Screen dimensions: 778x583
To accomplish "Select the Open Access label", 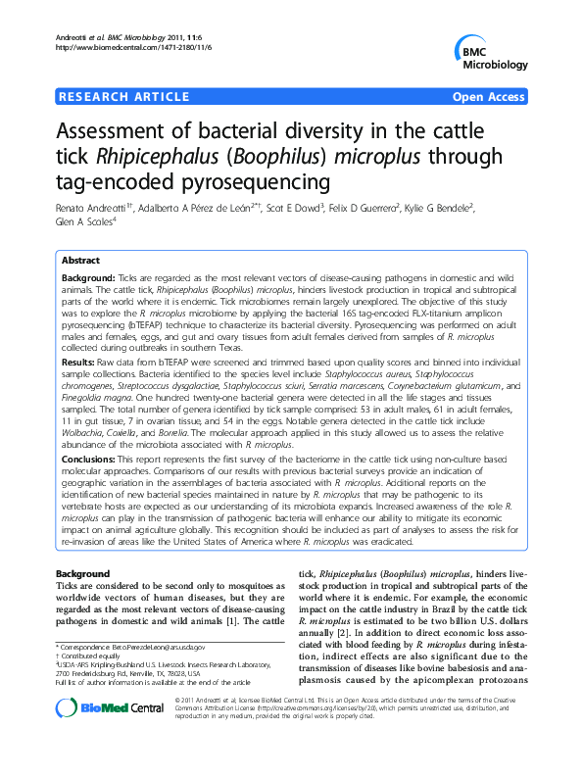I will [x=489, y=96].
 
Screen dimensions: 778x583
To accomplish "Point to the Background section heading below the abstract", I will [x=82, y=573].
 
